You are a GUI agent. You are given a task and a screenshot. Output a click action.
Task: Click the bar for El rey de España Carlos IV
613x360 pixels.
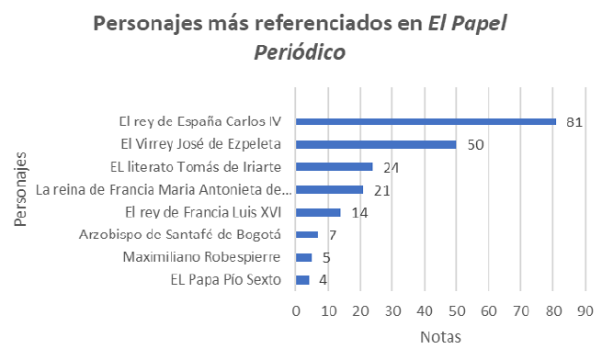coord(426,121)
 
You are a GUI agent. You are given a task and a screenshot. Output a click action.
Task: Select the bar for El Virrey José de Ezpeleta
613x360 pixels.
coord(376,144)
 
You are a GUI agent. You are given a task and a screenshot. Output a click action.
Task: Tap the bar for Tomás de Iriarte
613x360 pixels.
coord(334,166)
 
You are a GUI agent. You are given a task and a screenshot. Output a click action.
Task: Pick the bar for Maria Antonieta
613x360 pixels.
coord(329,189)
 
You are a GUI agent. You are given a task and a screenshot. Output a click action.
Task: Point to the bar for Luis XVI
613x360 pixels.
coord(318,212)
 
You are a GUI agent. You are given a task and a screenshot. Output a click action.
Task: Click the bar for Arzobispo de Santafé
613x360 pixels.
coord(307,234)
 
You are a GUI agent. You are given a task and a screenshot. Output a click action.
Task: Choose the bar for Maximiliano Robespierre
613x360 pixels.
coord(303,257)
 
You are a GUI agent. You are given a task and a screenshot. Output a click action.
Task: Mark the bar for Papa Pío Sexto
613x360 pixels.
coord(302,280)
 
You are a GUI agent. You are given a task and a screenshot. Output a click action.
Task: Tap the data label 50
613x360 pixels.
coord(475,145)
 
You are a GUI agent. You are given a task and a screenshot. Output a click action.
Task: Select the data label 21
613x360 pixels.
coord(381,190)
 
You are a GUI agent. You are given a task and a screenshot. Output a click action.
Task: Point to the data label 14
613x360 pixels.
coord(358,213)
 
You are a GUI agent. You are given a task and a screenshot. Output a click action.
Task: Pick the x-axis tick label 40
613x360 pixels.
coord(424,311)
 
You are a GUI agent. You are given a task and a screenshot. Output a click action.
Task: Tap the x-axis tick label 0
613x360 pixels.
coord(296,311)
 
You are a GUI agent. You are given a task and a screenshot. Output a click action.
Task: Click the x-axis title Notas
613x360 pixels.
coord(439,338)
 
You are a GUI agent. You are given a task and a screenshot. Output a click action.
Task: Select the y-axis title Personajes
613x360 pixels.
coord(19,190)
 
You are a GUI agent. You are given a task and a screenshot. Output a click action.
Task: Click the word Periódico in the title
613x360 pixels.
coord(301,53)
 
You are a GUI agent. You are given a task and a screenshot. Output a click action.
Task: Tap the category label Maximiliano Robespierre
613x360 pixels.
coord(208,257)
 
